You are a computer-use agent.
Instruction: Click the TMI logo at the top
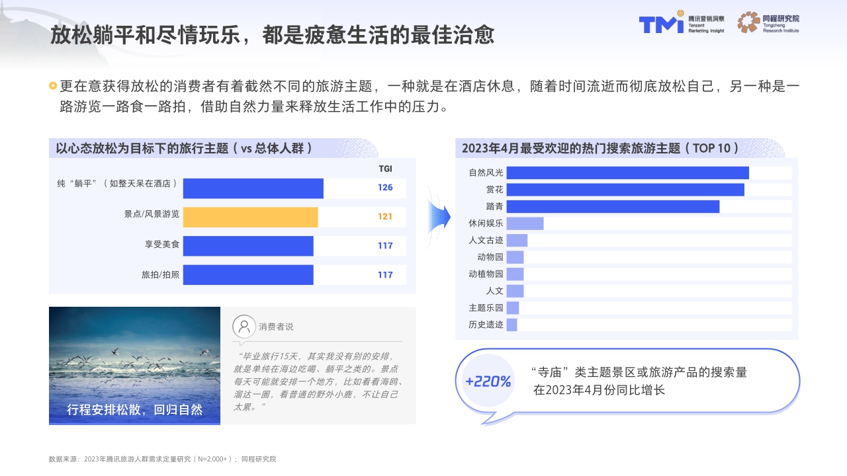click(x=661, y=24)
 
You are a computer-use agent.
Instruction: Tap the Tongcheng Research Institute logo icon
click(x=748, y=22)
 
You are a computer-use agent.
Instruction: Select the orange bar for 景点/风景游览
click(x=250, y=217)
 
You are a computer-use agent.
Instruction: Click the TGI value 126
click(x=385, y=188)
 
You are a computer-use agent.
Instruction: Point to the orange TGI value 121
click(x=385, y=217)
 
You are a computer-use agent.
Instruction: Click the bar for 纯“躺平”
click(x=253, y=188)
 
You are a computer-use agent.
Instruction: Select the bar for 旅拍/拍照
click(x=248, y=274)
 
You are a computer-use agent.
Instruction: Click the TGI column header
click(x=385, y=169)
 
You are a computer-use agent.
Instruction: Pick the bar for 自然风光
click(x=627, y=173)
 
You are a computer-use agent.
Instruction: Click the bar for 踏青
click(x=613, y=206)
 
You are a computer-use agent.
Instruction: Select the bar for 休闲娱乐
click(x=525, y=223)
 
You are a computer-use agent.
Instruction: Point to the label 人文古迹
click(x=486, y=240)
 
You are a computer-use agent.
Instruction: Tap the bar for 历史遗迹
click(x=512, y=325)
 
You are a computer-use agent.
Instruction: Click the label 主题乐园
click(x=486, y=307)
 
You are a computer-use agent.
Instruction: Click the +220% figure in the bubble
click(x=488, y=381)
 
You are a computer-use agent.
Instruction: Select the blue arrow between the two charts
click(x=439, y=216)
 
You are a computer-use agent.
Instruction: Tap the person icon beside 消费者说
click(x=244, y=326)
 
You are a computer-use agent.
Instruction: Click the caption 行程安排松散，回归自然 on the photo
click(x=134, y=410)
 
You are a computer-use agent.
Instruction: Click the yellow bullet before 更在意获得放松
click(x=53, y=86)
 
